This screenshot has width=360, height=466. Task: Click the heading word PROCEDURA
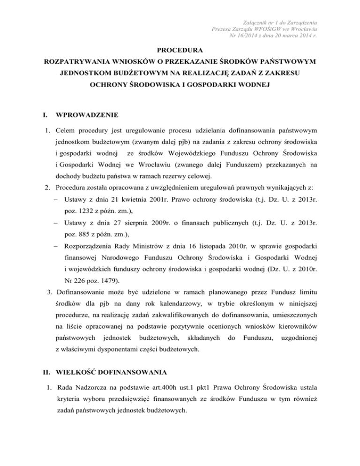tap(180, 48)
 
